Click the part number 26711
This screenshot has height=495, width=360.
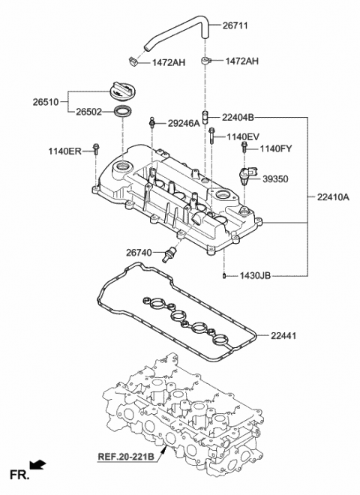[x=235, y=26]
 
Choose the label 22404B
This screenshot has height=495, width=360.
[x=238, y=117]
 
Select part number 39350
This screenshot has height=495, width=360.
[x=276, y=179]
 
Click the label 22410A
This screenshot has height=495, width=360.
[x=333, y=197]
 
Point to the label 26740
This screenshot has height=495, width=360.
[x=139, y=253]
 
